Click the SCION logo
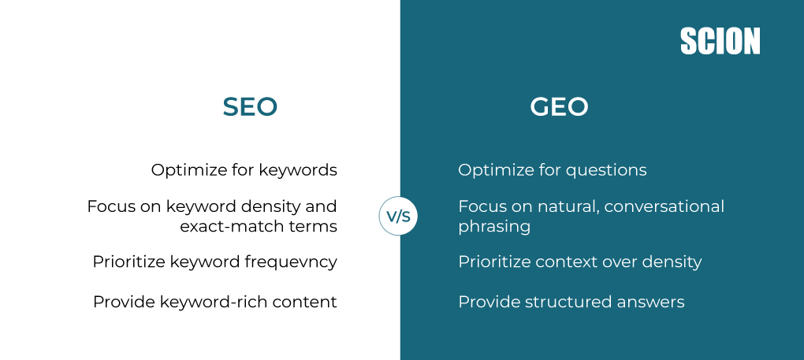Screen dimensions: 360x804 click(720, 42)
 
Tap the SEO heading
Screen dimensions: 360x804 click(250, 107)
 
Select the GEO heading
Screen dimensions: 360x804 click(559, 107)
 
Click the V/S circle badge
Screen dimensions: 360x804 click(398, 217)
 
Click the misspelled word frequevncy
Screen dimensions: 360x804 click(288, 262)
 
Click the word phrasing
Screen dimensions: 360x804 click(494, 227)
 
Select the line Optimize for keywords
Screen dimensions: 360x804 click(244, 170)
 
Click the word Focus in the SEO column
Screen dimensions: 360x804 click(109, 206)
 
